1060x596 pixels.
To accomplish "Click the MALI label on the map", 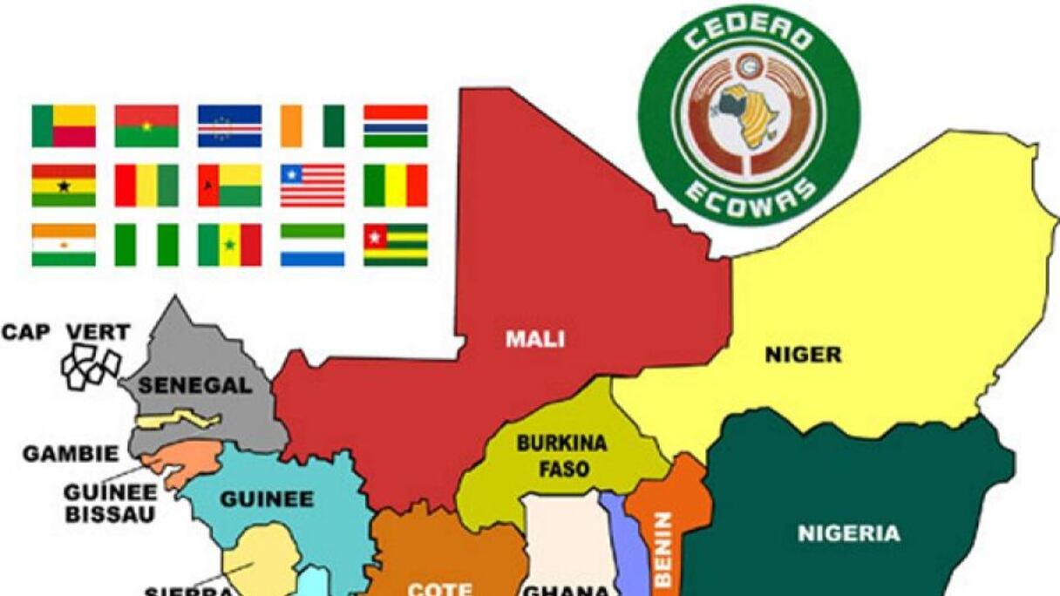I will [534, 339].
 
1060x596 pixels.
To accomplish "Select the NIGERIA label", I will [848, 533].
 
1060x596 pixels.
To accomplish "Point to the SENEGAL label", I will [195, 385].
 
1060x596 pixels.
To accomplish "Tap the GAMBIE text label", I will [71, 454].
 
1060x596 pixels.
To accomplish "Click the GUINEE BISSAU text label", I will [109, 503].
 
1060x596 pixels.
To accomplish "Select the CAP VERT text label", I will [66, 332].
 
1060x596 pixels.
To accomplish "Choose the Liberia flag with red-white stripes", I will [312, 186].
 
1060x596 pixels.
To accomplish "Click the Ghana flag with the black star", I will [64, 186].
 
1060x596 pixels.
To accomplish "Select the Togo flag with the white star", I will [396, 245].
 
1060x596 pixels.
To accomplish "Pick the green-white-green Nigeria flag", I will [146, 245].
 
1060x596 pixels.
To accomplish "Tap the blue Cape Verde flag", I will [229, 126].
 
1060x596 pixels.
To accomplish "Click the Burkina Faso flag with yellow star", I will [146, 126].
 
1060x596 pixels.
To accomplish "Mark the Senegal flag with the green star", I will [229, 245].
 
